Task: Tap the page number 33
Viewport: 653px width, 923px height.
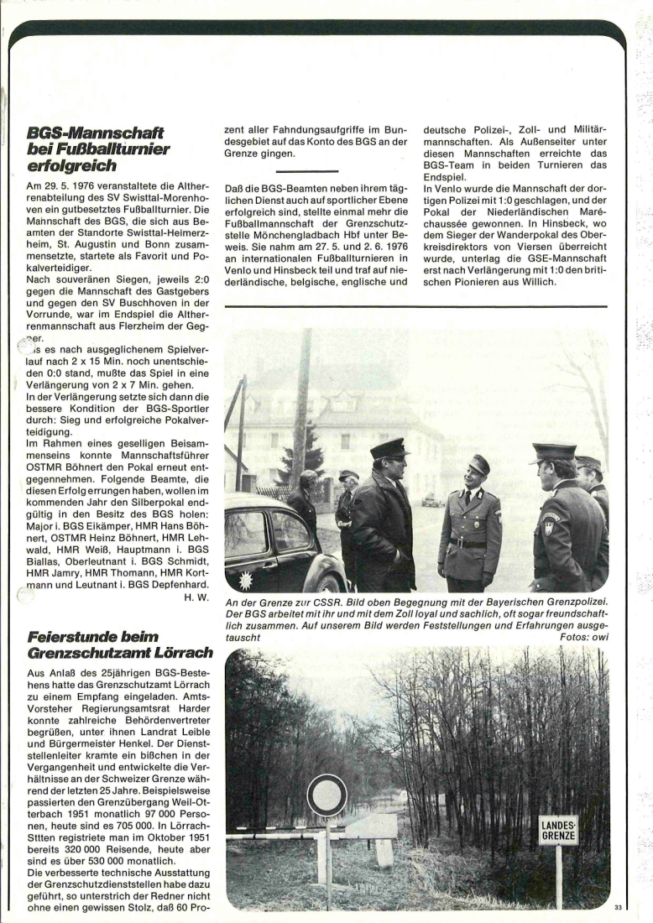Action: point(619,907)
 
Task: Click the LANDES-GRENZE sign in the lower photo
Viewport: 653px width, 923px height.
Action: point(558,830)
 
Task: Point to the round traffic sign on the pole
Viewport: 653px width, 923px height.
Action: point(326,795)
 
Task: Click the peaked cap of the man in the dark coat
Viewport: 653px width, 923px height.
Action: point(389,448)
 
